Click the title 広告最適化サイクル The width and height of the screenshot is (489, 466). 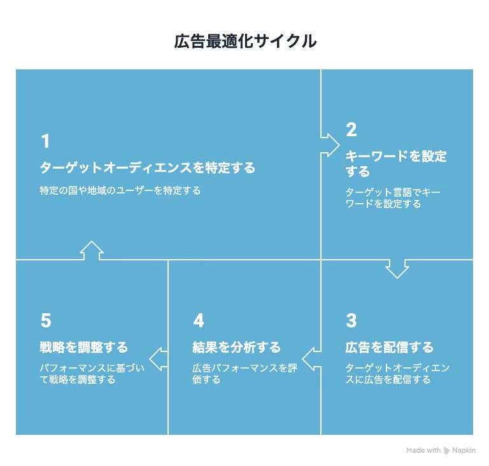tap(245, 42)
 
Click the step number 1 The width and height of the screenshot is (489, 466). tap(45, 141)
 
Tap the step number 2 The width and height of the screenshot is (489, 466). tap(351, 130)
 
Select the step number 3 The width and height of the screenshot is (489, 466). tap(351, 320)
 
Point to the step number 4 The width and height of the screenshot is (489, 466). tap(198, 320)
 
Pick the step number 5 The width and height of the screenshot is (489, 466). tap(45, 320)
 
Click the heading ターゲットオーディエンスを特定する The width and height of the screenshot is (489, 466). tap(147, 167)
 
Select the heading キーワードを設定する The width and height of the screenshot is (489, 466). tap(395, 164)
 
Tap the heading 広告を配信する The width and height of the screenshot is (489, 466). tap(389, 348)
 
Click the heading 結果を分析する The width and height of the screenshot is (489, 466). tap(236, 348)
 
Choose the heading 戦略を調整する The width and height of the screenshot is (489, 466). tap(83, 348)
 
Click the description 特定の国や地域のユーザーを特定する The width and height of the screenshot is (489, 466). tap(120, 190)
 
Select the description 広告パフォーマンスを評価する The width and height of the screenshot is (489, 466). tap(244, 374)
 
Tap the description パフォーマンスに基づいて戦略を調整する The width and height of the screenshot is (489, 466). tap(92, 374)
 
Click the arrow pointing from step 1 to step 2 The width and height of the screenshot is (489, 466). tap(330, 145)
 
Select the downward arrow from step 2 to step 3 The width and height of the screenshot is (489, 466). tap(397, 268)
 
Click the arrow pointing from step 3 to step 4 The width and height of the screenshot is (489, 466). tap(311, 358)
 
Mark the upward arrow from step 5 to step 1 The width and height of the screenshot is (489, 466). tap(92, 251)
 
